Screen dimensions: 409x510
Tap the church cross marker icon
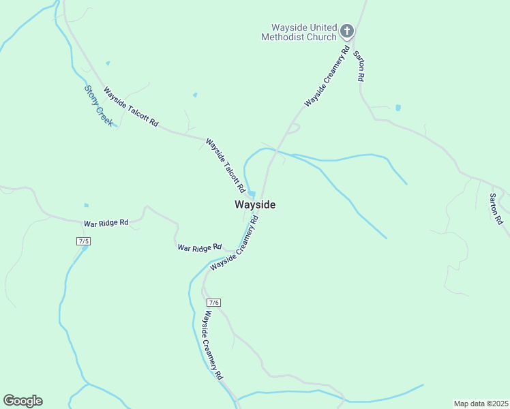pos(346,31)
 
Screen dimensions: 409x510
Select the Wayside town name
pos(255,204)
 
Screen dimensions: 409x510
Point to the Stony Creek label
pos(99,106)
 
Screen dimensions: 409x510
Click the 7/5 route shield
pos(84,241)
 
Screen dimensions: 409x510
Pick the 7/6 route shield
pos(214,302)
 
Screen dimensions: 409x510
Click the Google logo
pos(22,401)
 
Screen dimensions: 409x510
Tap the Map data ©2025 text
pos(480,403)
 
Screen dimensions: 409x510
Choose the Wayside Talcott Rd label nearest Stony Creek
pos(131,107)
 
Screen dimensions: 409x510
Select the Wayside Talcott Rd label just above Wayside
pos(226,164)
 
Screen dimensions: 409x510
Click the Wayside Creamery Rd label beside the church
pos(327,76)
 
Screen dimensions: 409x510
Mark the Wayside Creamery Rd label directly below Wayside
pos(236,243)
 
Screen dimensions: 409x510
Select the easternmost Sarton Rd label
pos(496,209)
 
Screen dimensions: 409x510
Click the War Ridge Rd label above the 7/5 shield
pos(106,223)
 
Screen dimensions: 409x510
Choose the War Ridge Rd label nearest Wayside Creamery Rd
pos(199,247)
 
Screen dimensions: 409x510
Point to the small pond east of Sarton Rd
pos(398,108)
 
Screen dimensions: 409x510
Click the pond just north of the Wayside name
pos(252,193)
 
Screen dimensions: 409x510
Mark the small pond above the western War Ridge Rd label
pos(86,205)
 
